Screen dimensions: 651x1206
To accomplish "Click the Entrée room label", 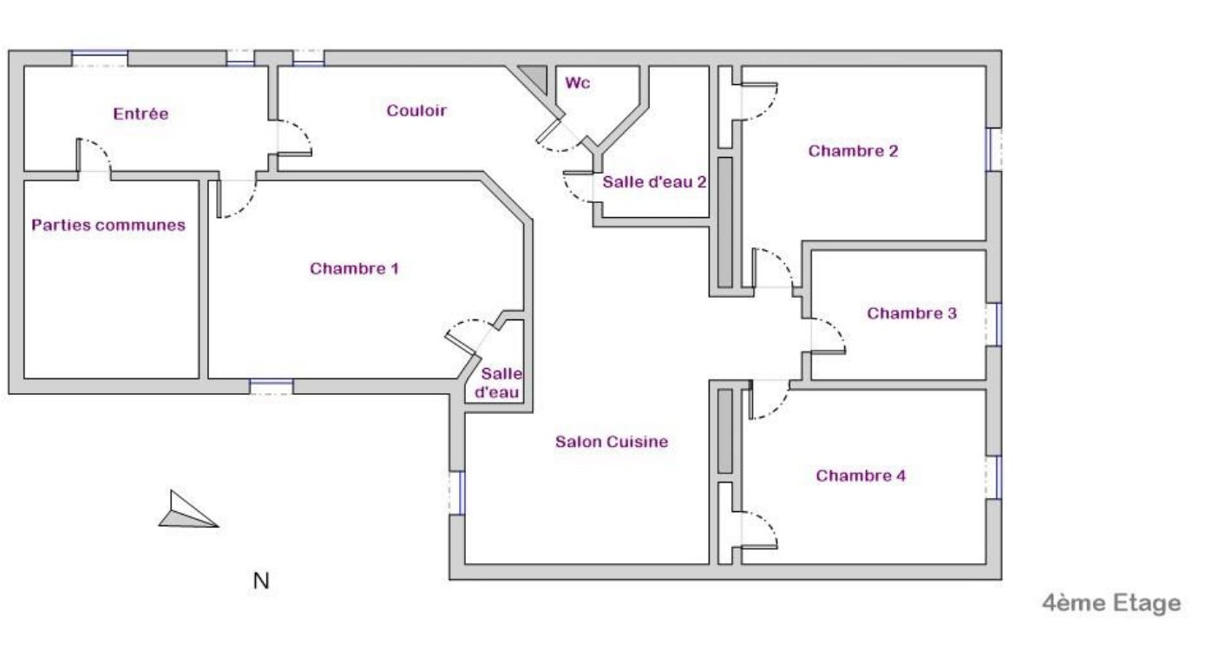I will (141, 114).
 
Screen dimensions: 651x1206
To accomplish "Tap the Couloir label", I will (416, 110).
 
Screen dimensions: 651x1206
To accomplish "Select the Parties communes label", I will (108, 225).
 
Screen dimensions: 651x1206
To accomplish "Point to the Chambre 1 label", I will (354, 268).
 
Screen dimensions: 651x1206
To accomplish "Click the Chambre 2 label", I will (853, 151).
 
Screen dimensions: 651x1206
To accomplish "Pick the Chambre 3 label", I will (912, 313).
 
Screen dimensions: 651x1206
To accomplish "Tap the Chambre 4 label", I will (861, 476).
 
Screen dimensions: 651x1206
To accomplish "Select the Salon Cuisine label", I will (612, 442).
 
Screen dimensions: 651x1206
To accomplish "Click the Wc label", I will (578, 83).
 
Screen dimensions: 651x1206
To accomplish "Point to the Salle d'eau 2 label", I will (655, 182).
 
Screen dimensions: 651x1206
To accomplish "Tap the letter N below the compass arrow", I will (260, 582).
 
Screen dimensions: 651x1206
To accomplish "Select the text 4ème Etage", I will (1111, 603).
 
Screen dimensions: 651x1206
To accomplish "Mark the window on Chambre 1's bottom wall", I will (271, 386).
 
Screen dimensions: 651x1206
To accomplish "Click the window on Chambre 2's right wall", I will (994, 149).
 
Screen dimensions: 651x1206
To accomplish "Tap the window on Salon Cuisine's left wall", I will (457, 493).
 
